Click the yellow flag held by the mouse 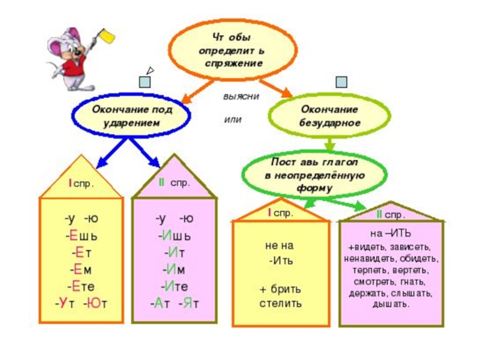(109, 38)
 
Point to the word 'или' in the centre (232, 119)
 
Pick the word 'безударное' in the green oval (330, 122)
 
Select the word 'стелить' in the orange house (281, 303)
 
